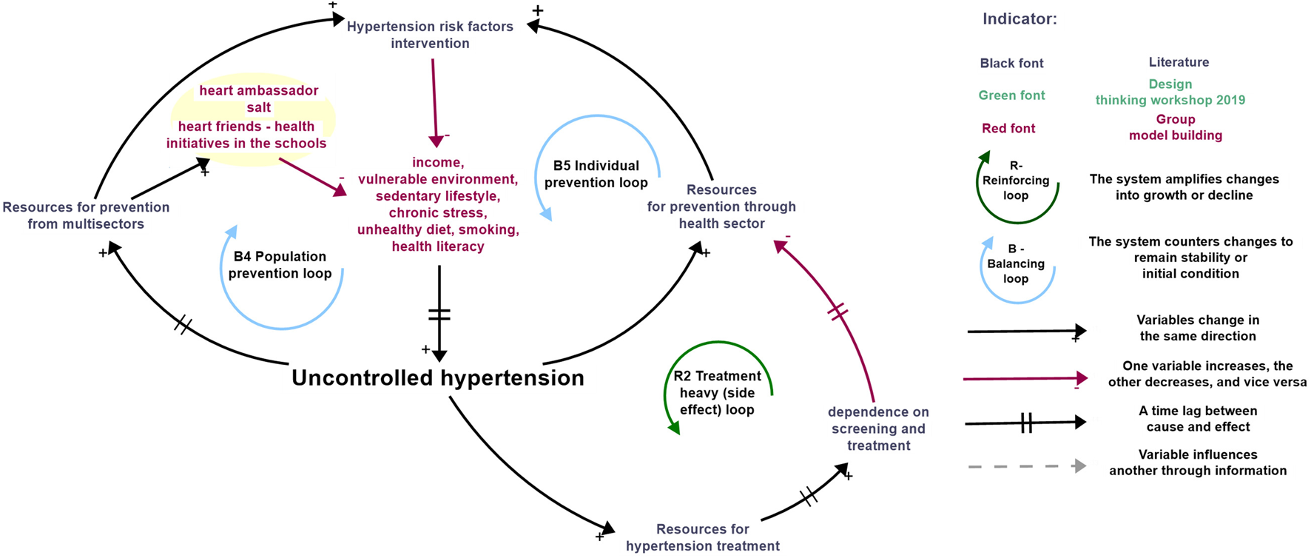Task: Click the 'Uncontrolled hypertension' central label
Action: click(x=437, y=378)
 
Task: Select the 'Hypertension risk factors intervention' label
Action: click(x=430, y=35)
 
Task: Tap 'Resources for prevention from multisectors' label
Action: click(x=86, y=215)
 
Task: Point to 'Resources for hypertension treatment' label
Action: click(x=702, y=537)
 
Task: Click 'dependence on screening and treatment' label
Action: click(x=878, y=428)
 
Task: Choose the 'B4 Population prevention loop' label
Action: click(x=280, y=265)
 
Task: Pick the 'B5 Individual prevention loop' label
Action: click(x=596, y=174)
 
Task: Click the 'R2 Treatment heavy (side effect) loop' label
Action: click(x=716, y=393)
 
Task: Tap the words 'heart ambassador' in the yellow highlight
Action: click(x=258, y=90)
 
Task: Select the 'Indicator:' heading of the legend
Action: click(x=1019, y=19)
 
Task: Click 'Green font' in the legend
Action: click(x=1011, y=95)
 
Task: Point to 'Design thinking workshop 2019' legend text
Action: click(x=1170, y=93)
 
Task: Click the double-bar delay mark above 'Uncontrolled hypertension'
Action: click(x=439, y=315)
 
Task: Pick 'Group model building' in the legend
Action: click(x=1175, y=127)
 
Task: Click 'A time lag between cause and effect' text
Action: click(x=1197, y=419)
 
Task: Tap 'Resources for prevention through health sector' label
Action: click(x=721, y=206)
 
